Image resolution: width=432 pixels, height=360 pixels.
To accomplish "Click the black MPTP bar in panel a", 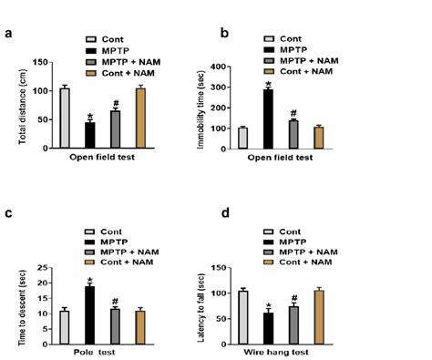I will click(x=89, y=135).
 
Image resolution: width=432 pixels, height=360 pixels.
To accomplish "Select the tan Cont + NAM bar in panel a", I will click(x=140, y=118).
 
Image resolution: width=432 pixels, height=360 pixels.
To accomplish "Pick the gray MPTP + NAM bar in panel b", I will click(x=293, y=134).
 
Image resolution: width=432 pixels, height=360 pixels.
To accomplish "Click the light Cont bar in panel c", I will click(x=65, y=324).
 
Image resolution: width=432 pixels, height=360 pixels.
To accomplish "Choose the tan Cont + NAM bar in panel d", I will click(x=319, y=314).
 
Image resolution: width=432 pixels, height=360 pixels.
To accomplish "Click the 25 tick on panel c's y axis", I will click(x=41, y=268).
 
